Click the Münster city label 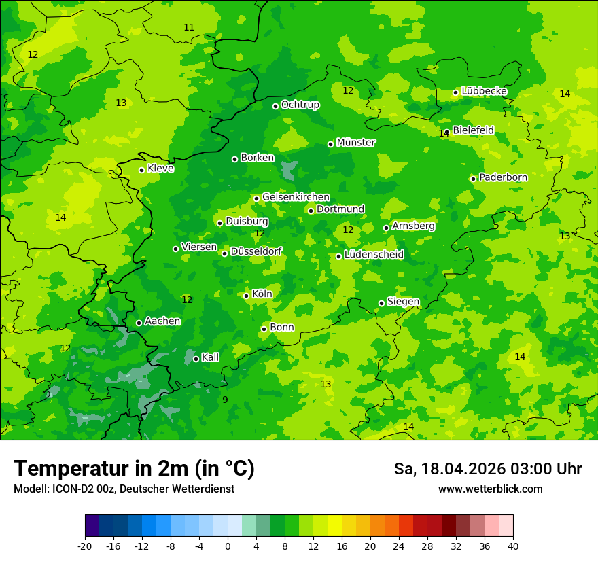[356, 143]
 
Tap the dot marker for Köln [246, 296]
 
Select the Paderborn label [503, 177]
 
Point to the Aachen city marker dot [139, 323]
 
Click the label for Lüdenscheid [374, 255]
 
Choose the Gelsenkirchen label [296, 197]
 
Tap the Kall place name [210, 357]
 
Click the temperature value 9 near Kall [225, 400]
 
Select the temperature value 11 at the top [189, 28]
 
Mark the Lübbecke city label [484, 91]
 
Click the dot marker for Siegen [381, 303]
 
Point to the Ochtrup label [300, 105]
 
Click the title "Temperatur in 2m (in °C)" [134, 469]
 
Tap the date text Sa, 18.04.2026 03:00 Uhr [487, 469]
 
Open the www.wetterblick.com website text [490, 489]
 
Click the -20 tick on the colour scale [85, 546]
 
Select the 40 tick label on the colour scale [513, 546]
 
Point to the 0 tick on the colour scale [228, 546]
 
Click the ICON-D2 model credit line [124, 489]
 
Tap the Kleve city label [160, 169]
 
